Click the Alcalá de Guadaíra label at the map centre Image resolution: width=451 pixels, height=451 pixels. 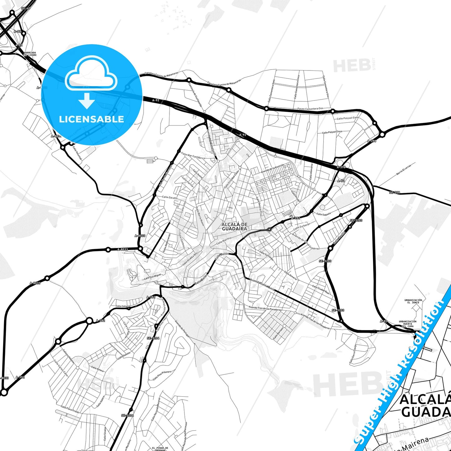point(234,226)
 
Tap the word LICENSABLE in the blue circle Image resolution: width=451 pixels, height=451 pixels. point(91,119)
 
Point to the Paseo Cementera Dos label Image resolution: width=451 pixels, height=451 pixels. point(310,109)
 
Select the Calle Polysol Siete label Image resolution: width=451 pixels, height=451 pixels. point(348,118)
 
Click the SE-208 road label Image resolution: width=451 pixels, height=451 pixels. point(395,193)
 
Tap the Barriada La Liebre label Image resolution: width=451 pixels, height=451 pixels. point(30,54)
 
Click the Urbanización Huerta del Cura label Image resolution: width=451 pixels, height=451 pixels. point(407,324)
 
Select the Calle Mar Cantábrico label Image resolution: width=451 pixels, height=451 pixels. point(193,156)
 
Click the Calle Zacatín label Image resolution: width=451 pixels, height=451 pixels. point(170,198)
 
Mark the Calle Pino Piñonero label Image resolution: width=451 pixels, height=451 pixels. point(162,375)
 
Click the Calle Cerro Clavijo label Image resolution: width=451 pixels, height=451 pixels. point(353,354)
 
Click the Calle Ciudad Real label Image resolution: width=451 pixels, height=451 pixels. point(321,290)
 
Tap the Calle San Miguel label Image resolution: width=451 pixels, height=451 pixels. point(153,277)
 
